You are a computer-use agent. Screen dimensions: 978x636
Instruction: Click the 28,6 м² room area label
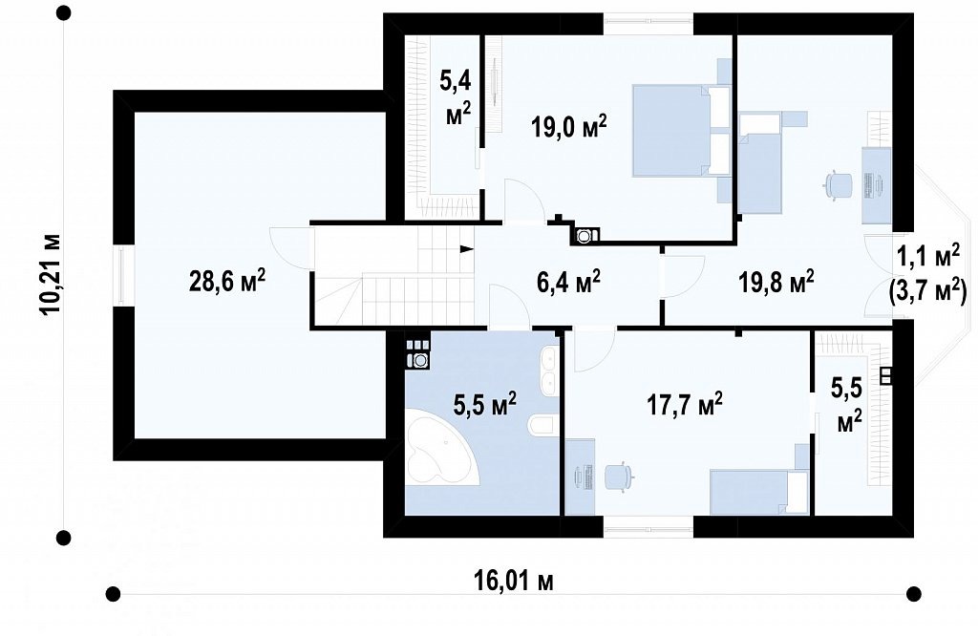click(x=227, y=281)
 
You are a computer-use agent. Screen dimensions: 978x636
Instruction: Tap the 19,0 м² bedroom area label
click(x=569, y=127)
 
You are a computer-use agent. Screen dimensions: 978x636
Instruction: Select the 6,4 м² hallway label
click(x=569, y=282)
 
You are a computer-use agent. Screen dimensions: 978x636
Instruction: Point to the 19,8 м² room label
click(x=776, y=282)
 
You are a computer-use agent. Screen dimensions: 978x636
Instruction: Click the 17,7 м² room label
click(x=685, y=405)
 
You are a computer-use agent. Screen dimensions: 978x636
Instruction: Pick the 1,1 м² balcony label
click(x=927, y=255)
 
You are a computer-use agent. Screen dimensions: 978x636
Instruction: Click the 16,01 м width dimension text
click(x=513, y=582)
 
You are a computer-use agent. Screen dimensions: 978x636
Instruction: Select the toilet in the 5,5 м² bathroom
click(x=541, y=426)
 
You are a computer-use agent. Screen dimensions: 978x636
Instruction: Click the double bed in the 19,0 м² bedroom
click(x=681, y=131)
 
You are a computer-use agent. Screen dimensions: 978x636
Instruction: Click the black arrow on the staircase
click(x=466, y=249)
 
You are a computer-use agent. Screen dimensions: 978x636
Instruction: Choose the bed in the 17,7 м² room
click(x=759, y=492)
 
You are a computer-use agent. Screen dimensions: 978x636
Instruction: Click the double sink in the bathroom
click(x=549, y=371)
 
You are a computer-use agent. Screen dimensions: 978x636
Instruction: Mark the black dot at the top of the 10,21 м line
click(x=63, y=13)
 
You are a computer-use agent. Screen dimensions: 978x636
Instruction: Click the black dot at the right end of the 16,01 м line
click(x=913, y=593)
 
